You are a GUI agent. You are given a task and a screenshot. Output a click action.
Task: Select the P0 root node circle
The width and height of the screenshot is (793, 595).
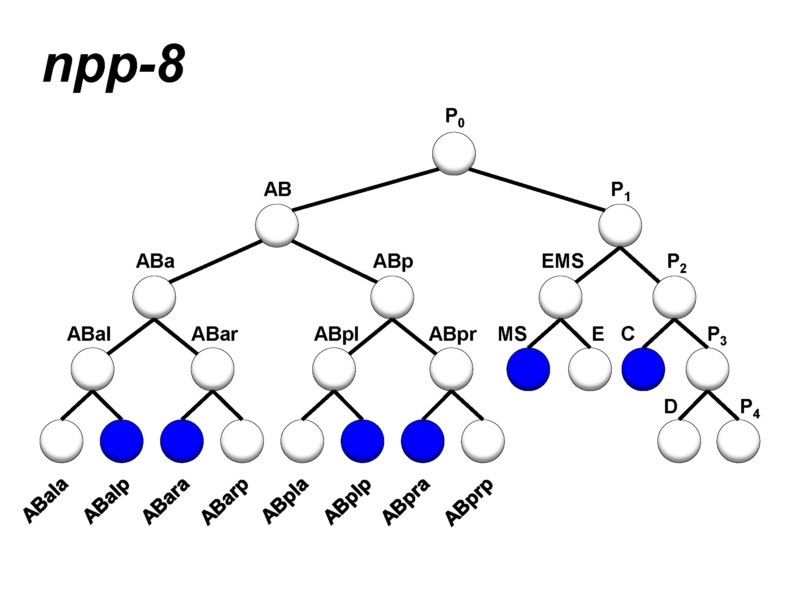[x=454, y=153]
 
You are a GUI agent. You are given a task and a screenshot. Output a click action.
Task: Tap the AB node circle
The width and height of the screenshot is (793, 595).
[x=277, y=226]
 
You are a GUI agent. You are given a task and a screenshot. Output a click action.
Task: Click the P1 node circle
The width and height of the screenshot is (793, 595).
[x=620, y=226]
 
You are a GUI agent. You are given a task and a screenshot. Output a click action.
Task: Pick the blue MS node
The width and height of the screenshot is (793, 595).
[x=528, y=369]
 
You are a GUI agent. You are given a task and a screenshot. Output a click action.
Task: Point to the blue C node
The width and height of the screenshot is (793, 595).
[x=643, y=369]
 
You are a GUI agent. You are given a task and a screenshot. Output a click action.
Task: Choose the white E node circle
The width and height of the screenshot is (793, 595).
[x=590, y=369]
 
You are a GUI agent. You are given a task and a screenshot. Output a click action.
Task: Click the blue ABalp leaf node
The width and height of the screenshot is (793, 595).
[x=122, y=441]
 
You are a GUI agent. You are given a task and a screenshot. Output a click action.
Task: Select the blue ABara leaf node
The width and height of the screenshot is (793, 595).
[x=182, y=441]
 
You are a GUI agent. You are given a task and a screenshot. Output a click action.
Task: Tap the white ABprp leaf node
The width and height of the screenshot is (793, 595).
[x=483, y=441]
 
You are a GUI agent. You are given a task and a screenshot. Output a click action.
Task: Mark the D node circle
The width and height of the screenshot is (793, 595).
[x=679, y=441]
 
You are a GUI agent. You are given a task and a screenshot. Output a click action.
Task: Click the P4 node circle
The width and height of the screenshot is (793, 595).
[x=738, y=441]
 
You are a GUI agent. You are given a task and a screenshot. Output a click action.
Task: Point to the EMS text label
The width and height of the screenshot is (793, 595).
[x=562, y=261]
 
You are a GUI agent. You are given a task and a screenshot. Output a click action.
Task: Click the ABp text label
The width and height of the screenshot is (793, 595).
[x=393, y=262]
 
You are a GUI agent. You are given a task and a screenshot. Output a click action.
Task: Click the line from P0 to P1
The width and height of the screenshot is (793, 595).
[x=536, y=189]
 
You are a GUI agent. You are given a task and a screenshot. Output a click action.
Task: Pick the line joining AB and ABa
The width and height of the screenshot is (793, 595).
[x=215, y=261]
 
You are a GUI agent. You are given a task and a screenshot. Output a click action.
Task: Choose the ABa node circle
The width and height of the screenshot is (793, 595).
[x=154, y=297]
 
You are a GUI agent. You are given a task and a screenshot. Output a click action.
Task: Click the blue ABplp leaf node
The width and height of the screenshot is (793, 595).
[x=362, y=441]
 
